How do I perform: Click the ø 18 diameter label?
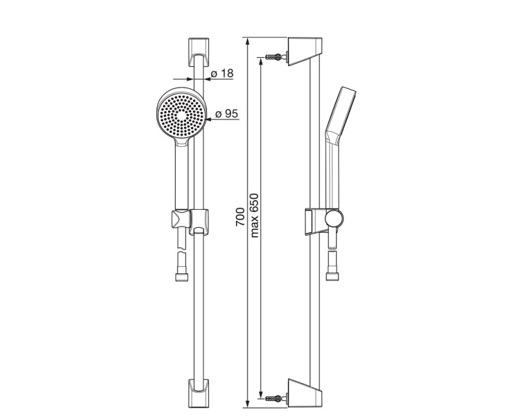click(222, 73)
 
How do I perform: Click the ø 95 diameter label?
click(226, 114)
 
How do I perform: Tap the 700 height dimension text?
click(240, 217)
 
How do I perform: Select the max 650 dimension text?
click(254, 216)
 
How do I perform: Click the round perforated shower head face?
click(181, 115)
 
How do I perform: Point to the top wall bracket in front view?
click(199, 52)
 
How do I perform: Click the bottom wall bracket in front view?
click(199, 393)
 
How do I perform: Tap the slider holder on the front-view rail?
click(199, 221)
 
